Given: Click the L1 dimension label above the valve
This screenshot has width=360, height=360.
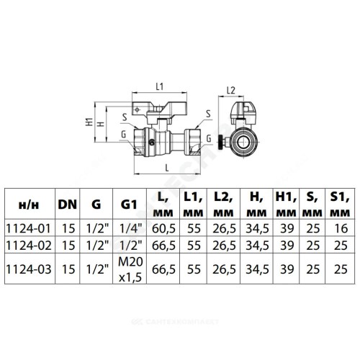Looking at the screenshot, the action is tap(160, 86).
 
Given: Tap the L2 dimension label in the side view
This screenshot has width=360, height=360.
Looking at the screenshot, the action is tap(231, 91).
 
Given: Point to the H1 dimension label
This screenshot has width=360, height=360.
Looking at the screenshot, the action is tap(89, 122).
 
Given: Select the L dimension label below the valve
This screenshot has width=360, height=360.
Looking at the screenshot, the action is tap(167, 168).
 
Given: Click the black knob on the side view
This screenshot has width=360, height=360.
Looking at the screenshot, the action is tap(220, 142).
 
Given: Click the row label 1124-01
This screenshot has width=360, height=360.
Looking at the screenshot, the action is tap(29, 228).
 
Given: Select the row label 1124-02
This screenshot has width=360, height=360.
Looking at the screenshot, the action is tap(29, 246).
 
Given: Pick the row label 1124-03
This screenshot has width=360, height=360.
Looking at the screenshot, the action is tap(29, 269).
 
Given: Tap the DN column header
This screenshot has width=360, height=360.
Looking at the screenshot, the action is tap(68, 204).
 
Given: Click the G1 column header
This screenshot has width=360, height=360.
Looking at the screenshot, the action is tap(129, 204).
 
